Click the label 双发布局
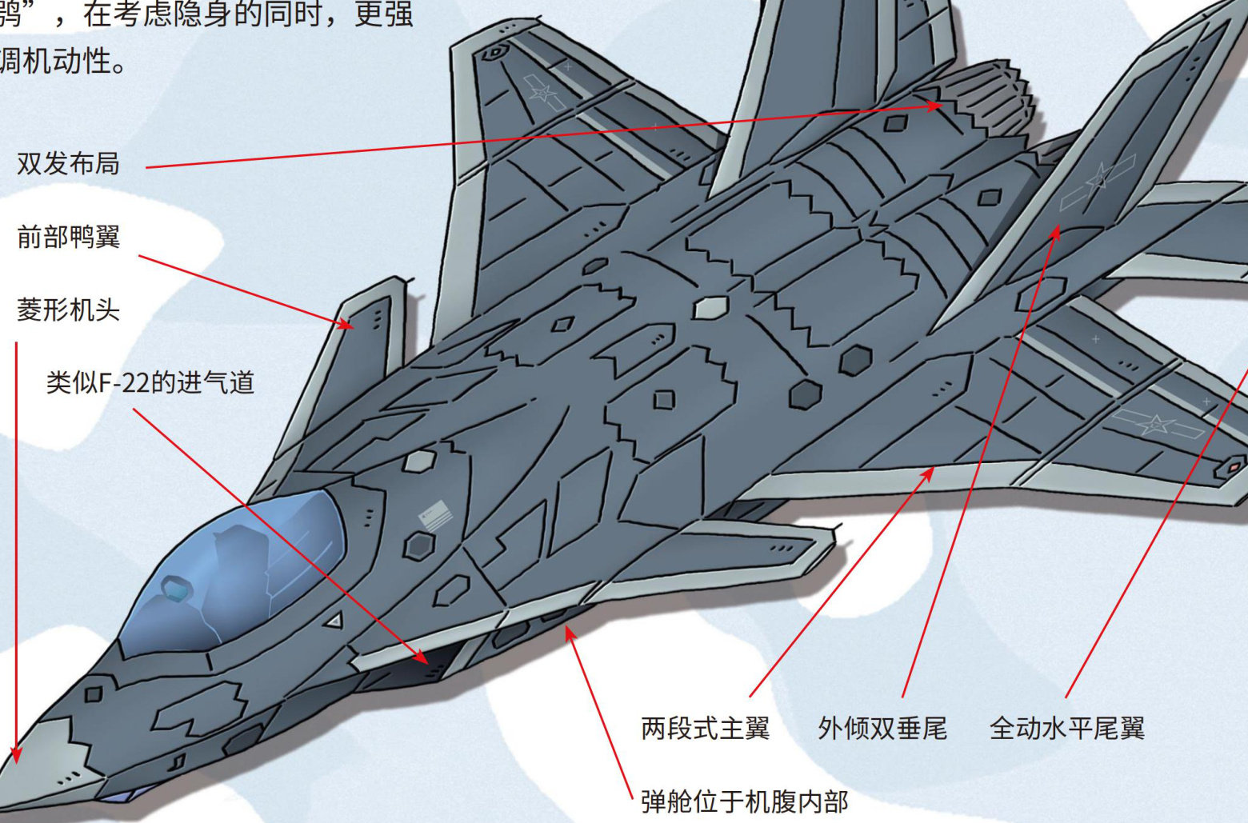(68, 164)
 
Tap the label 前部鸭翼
(68, 238)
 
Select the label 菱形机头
(68, 310)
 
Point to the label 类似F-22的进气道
(150, 383)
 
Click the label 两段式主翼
(705, 729)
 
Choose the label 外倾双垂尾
(882, 729)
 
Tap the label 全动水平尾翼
(1066, 729)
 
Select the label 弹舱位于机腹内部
(744, 801)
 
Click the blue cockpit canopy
(240, 568)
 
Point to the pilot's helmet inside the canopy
(178, 590)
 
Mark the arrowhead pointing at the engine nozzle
(936, 105)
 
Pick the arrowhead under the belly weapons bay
(570, 633)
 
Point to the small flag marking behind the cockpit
(434, 513)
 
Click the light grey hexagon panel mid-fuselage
(710, 308)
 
